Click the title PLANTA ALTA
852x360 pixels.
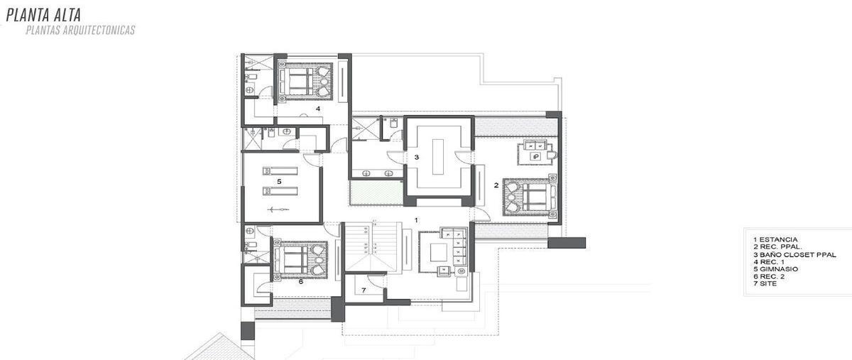(43, 15)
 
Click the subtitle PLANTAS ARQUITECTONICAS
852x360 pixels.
(80, 31)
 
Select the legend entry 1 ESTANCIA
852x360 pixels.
(775, 239)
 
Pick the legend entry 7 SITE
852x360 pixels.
(765, 284)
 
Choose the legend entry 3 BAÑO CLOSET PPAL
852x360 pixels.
(794, 255)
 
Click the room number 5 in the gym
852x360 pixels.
(279, 182)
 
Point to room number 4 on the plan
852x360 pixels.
(318, 109)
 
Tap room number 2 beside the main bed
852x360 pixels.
(496, 185)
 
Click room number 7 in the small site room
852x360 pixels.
(364, 290)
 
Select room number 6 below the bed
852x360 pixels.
(301, 282)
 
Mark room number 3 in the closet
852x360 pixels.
(417, 157)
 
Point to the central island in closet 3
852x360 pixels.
(438, 157)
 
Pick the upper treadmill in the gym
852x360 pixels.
(280, 170)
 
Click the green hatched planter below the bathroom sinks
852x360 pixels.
(376, 192)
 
